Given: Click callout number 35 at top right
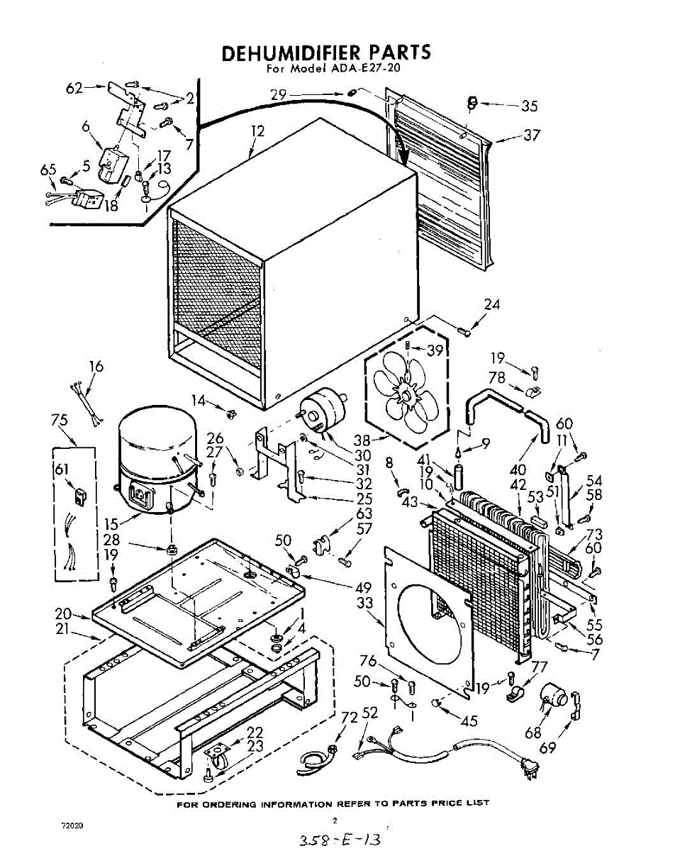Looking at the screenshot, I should pyautogui.click(x=529, y=106).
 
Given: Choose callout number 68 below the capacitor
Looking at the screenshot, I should pyautogui.click(x=533, y=733).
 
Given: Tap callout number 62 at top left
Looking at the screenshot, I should pyautogui.click(x=74, y=88).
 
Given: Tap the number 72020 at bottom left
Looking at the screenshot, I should pyautogui.click(x=72, y=825).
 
